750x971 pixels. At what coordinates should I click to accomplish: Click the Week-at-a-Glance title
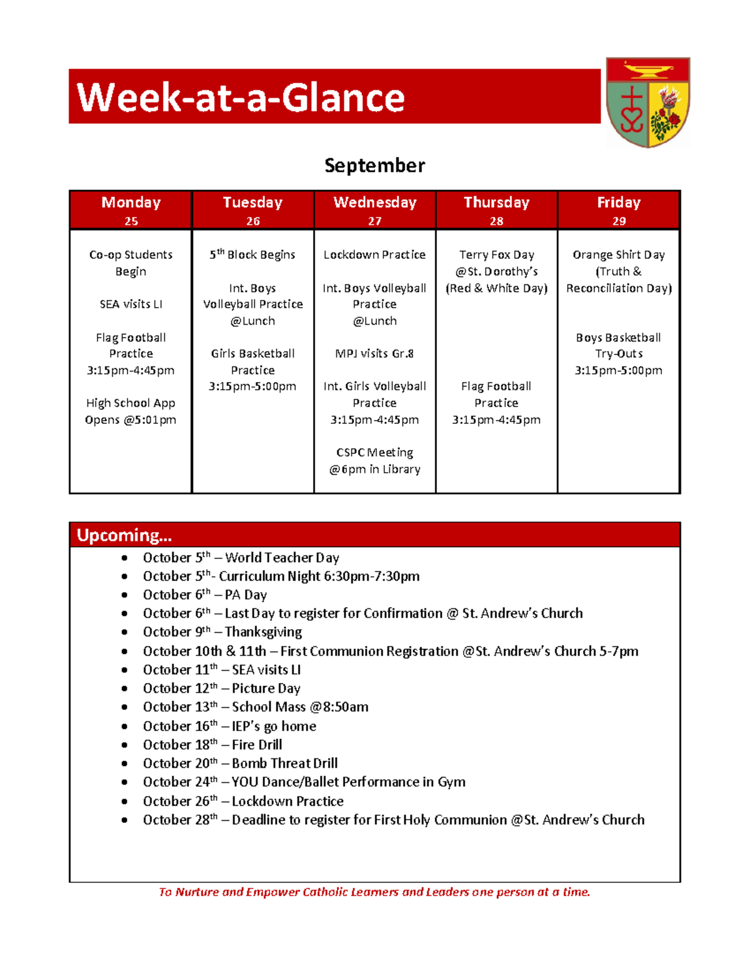(x=241, y=98)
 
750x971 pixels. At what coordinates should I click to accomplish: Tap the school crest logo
(x=647, y=103)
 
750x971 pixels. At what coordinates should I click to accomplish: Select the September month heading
(x=374, y=166)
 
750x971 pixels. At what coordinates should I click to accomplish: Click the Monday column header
(x=131, y=203)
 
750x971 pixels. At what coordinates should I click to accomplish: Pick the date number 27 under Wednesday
(x=374, y=221)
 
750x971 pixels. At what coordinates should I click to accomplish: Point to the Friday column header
(x=618, y=203)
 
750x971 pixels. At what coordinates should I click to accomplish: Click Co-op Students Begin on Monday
(x=131, y=263)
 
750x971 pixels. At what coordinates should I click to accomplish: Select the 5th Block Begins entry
(x=252, y=254)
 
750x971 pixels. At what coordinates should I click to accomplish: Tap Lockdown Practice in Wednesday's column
(x=374, y=254)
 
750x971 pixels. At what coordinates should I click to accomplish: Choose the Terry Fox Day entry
(x=496, y=254)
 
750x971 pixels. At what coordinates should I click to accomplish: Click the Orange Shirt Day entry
(x=618, y=254)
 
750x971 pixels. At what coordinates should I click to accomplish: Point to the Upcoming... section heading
(x=124, y=535)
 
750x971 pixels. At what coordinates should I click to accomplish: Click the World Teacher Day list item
(x=241, y=557)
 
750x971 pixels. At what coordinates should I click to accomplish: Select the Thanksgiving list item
(x=222, y=631)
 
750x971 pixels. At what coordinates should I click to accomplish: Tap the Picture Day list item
(x=221, y=688)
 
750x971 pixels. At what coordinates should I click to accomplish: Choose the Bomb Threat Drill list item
(x=240, y=763)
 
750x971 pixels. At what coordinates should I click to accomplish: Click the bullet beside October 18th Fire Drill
(x=125, y=745)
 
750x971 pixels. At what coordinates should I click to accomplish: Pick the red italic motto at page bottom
(x=374, y=892)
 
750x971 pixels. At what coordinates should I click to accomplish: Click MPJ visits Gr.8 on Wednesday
(x=374, y=353)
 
